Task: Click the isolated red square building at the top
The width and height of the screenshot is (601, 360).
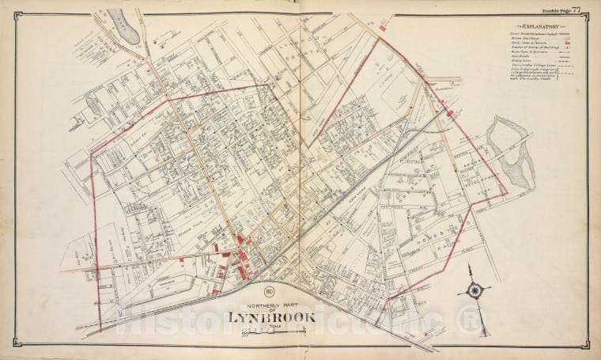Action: pos(383,28)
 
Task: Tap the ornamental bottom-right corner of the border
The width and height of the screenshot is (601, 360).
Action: pos(586,347)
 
